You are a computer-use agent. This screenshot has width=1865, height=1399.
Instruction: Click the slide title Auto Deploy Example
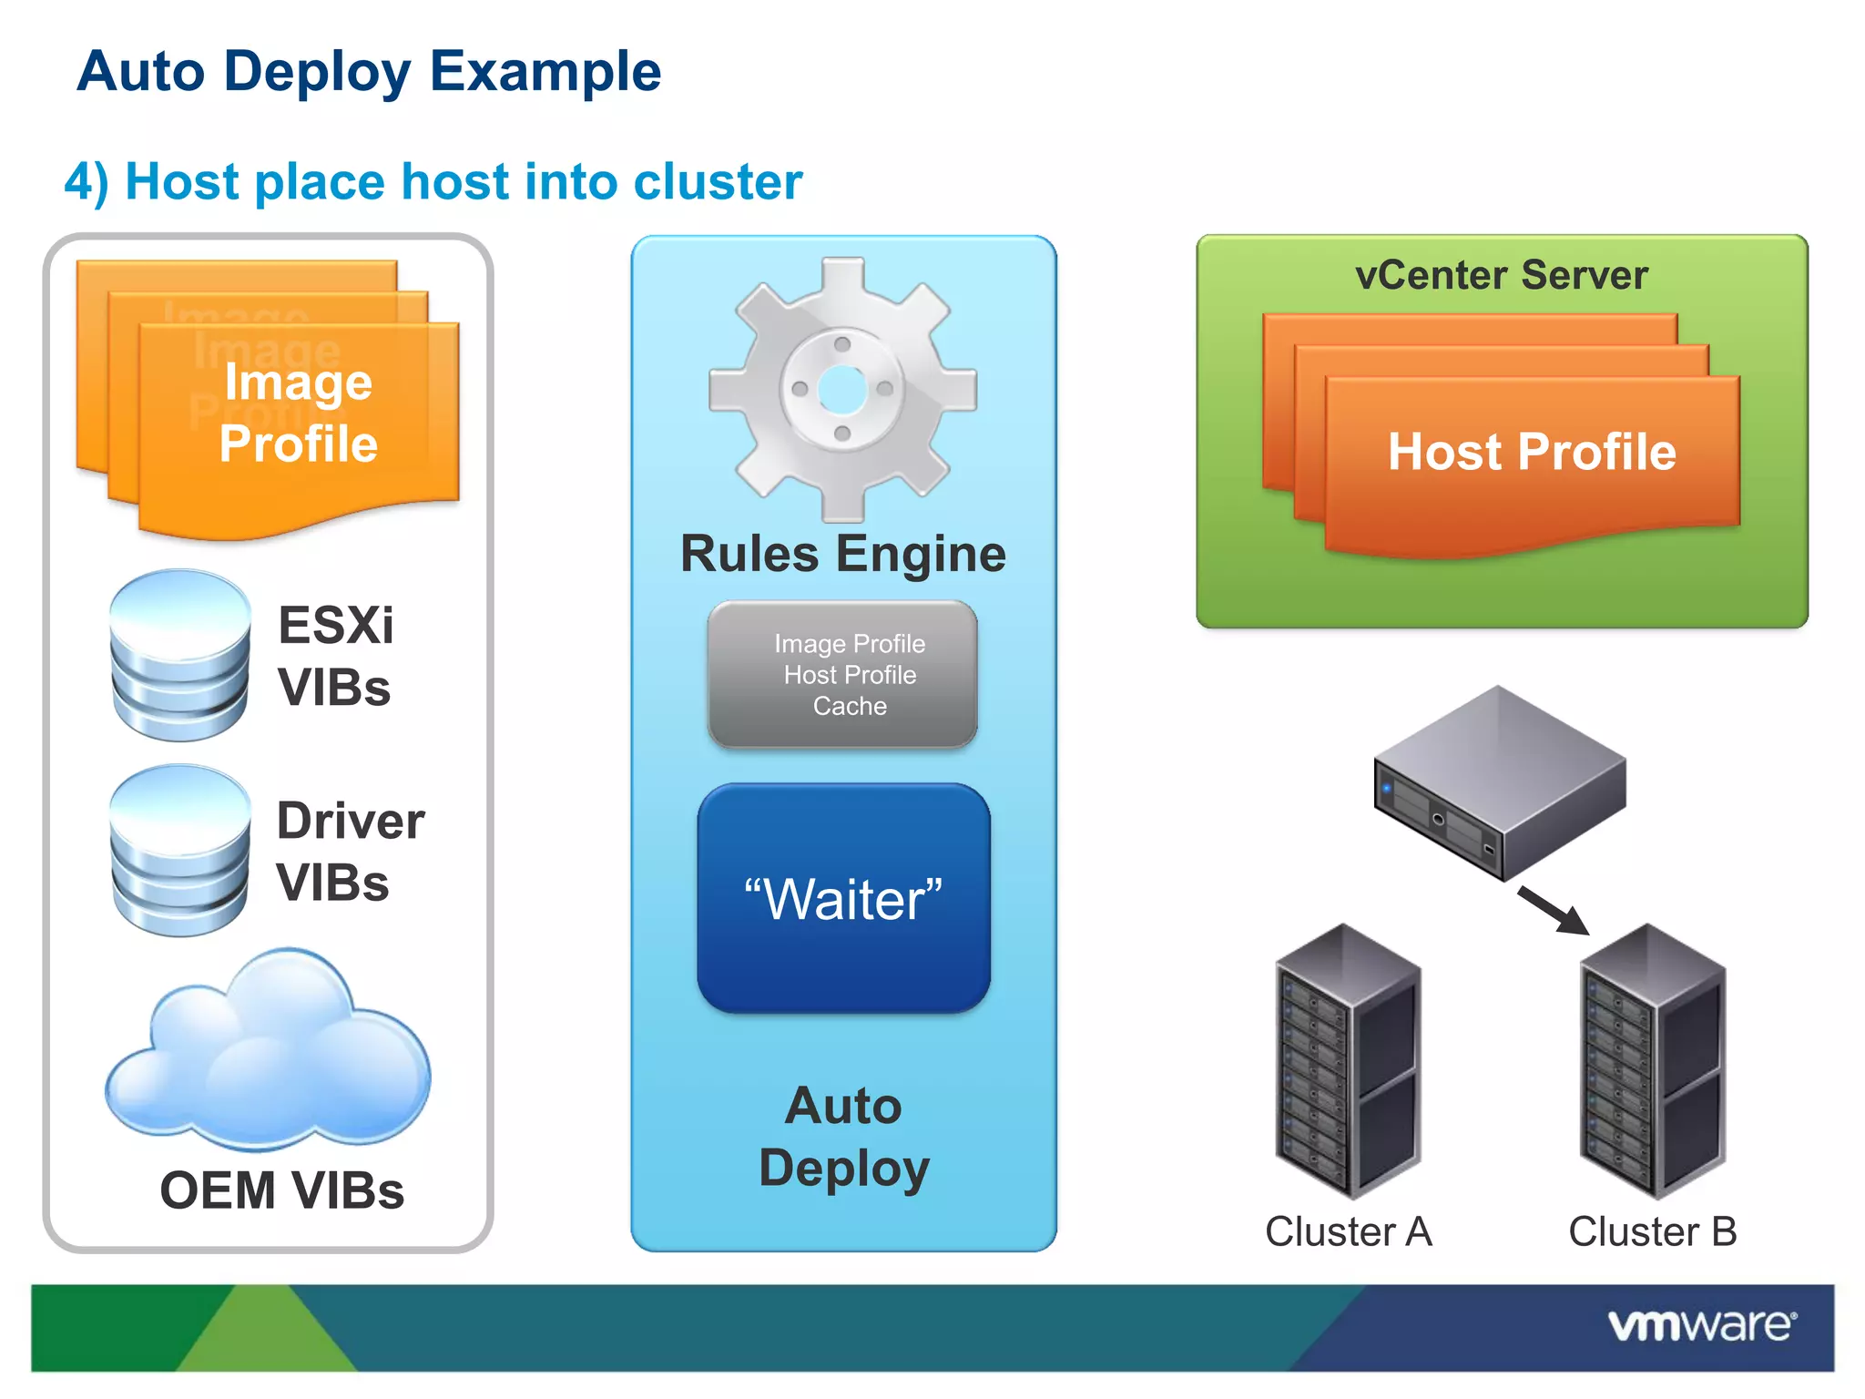tap(369, 72)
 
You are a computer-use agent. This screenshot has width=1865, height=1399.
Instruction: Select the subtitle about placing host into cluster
tap(433, 181)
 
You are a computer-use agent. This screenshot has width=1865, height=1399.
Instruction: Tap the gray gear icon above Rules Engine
tap(842, 389)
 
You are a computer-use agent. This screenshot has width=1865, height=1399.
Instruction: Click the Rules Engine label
tap(843, 554)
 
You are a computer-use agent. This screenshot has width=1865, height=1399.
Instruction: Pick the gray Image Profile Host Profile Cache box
tap(843, 675)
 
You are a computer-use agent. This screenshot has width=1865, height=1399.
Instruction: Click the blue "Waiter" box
tap(843, 899)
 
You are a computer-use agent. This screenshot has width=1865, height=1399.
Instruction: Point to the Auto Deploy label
tap(843, 1136)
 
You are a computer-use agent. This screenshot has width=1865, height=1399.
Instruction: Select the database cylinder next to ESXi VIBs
tap(179, 655)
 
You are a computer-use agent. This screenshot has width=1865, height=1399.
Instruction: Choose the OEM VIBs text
tap(281, 1190)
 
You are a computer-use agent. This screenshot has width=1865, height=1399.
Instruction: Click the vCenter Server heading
tap(1502, 275)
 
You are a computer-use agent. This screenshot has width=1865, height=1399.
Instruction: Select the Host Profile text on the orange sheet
tap(1532, 452)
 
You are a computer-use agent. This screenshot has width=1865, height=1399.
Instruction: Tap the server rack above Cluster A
tap(1348, 1061)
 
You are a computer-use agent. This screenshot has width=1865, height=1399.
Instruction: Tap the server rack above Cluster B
tap(1652, 1061)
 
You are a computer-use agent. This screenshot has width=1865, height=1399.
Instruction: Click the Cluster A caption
tap(1348, 1231)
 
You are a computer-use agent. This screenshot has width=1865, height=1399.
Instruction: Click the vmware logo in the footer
tap(1701, 1325)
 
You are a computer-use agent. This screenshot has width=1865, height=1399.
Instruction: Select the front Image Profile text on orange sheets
tap(299, 413)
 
